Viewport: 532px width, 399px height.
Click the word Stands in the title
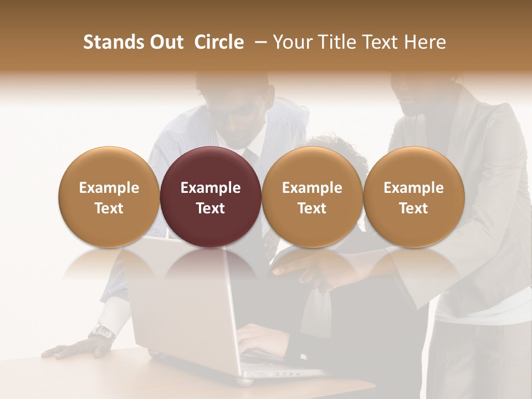pos(114,42)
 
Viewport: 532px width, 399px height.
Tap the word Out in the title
pos(167,42)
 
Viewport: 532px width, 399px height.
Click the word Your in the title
pos(293,42)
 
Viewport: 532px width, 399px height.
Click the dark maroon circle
pos(211,197)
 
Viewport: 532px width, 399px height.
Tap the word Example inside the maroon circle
pos(211,188)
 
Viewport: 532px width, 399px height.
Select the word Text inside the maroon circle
pos(211,208)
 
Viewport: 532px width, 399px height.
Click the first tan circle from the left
pos(109,197)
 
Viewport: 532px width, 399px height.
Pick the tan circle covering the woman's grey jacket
pos(413,197)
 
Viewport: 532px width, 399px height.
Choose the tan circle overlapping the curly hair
pos(312,197)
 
